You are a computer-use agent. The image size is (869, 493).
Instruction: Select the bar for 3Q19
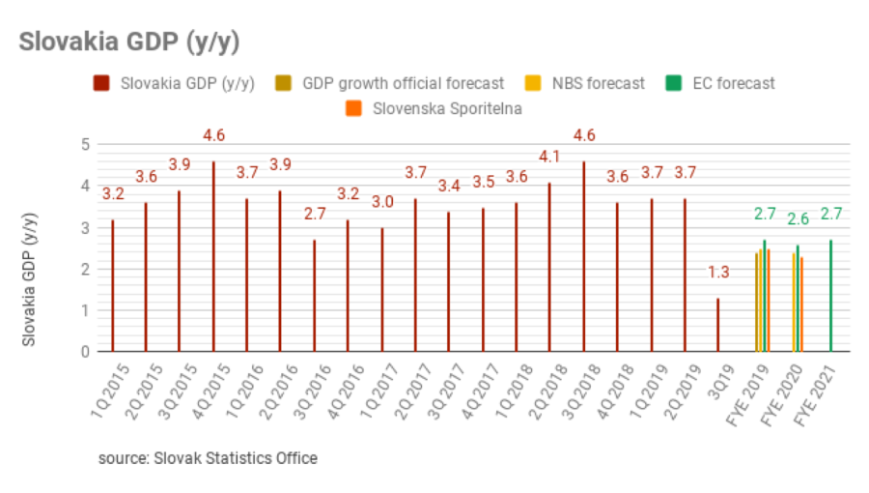[x=717, y=325]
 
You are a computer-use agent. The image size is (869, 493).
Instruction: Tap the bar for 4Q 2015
[x=213, y=256]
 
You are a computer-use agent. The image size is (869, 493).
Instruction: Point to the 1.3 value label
[x=718, y=273]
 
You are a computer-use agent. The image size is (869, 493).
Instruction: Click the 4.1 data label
[x=549, y=157]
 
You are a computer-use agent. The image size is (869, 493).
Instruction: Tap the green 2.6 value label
[x=798, y=219]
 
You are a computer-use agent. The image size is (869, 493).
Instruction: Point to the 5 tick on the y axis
[x=85, y=144]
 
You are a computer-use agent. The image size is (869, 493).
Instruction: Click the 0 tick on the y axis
[x=85, y=352]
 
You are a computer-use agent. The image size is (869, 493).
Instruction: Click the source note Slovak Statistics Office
[x=208, y=457]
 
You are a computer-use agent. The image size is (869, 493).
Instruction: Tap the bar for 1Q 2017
[x=381, y=289]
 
